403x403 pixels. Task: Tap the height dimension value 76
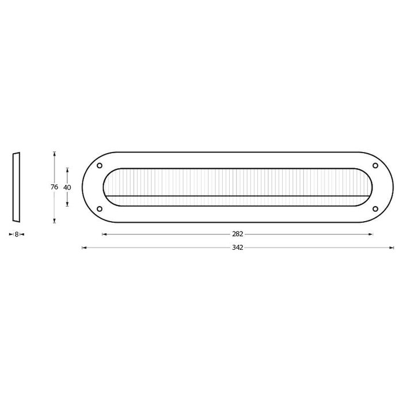(x=54, y=187)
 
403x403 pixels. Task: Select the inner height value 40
(x=67, y=187)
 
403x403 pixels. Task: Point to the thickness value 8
(x=16, y=234)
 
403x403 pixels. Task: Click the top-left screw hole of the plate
(x=100, y=166)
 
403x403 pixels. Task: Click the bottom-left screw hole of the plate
(x=100, y=208)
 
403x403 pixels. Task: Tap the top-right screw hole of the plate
(x=376, y=166)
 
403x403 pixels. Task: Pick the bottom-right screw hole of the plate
(x=376, y=208)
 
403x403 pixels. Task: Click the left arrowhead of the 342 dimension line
(x=85, y=248)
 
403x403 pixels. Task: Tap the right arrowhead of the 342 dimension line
(x=393, y=248)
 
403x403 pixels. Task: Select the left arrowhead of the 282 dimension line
(x=104, y=234)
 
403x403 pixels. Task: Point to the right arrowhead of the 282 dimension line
(x=372, y=234)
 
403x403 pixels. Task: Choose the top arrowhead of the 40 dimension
(x=67, y=169)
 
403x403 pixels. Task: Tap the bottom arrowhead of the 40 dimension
(x=67, y=204)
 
